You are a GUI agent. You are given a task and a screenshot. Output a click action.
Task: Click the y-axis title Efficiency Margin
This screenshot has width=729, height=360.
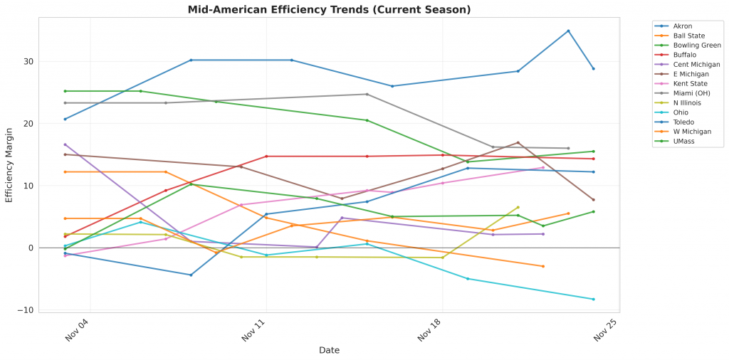9,164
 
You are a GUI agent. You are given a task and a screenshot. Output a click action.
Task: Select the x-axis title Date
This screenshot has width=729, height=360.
329,350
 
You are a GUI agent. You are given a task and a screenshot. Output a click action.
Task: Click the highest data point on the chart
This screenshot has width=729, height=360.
568,31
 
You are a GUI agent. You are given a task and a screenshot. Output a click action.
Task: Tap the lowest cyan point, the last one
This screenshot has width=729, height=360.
593,300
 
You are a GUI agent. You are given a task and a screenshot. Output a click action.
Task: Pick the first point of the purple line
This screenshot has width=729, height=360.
65,144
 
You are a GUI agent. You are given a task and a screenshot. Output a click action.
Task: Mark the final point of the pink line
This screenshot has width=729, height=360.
543,167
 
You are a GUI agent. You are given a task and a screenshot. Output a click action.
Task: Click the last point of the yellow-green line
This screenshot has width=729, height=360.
518,207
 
